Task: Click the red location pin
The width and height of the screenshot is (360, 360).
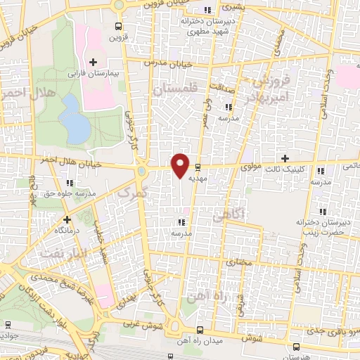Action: click(x=181, y=165)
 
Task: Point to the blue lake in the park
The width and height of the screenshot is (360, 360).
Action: click(x=73, y=116)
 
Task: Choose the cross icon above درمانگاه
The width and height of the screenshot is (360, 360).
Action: click(x=67, y=219)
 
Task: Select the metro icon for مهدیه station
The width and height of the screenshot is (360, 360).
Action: click(x=198, y=167)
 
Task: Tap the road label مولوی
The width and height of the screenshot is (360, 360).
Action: click(x=250, y=168)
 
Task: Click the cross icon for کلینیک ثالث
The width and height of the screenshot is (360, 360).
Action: click(x=285, y=158)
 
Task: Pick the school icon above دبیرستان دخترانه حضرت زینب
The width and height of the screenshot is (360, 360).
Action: click(x=323, y=211)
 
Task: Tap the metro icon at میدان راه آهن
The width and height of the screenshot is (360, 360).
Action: click(x=200, y=329)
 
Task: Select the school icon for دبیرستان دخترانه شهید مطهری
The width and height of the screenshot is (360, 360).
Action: click(x=207, y=10)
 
